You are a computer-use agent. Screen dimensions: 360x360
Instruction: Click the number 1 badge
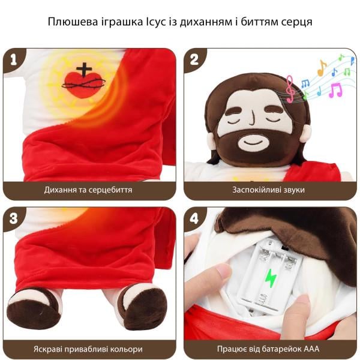13,59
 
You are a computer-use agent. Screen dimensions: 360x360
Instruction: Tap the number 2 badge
194,59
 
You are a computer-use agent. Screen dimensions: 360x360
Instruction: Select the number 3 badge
13,218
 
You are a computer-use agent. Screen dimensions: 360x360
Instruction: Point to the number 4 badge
194,218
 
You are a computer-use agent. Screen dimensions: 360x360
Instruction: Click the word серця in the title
298,22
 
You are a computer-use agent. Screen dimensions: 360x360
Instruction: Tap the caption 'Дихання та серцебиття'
88,190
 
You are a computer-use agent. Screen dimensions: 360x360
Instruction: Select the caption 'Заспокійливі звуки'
269,190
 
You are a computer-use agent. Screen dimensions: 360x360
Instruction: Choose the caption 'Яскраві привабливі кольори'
88,349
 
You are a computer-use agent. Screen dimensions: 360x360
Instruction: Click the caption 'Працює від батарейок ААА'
269,349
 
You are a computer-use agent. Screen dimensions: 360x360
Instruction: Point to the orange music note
322,67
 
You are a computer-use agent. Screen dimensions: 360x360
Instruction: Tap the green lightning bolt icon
271,277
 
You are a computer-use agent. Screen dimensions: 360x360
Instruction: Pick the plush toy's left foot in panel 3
34,307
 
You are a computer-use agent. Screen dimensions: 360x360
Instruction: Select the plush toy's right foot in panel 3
142,307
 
